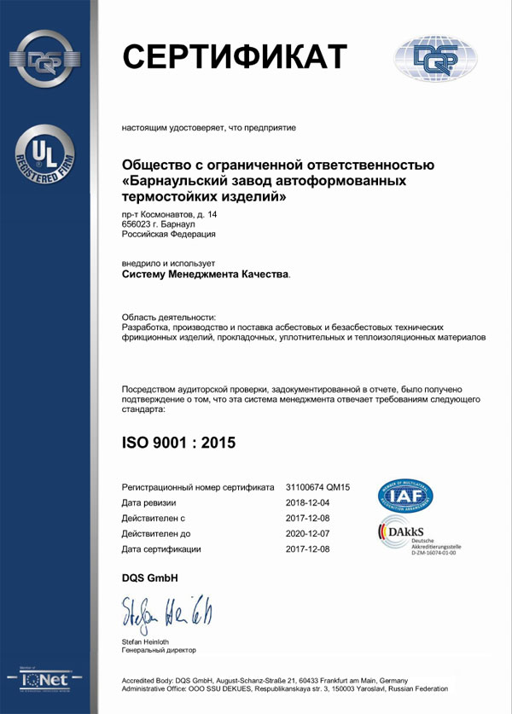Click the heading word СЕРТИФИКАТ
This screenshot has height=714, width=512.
235,55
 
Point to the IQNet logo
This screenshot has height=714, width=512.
44,679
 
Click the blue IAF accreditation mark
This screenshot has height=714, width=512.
405,496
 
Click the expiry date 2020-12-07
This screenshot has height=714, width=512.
307,533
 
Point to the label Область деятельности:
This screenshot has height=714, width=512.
170,316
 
